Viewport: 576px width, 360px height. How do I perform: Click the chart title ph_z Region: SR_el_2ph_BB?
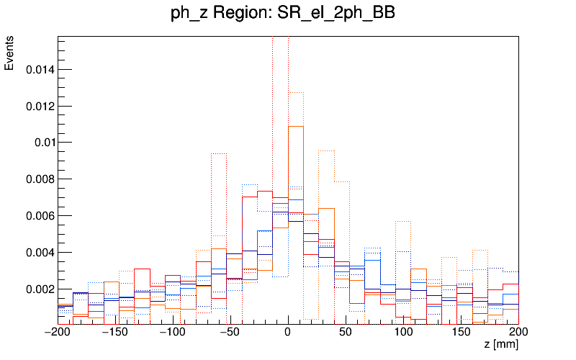coord(284,14)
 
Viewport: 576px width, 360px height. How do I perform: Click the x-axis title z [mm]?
coord(501,345)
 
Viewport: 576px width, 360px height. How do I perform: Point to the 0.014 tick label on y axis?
coord(39,70)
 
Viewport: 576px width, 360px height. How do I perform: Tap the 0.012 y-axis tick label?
coord(39,107)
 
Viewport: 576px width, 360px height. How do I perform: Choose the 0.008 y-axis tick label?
coord(39,179)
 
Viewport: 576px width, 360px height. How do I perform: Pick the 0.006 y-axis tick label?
coord(39,216)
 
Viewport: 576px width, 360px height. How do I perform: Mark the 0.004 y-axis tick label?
coord(39,253)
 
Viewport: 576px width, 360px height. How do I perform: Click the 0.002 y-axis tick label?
coord(39,289)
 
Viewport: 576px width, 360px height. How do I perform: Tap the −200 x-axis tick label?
coord(58,333)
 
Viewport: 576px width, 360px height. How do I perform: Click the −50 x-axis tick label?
coord(230,333)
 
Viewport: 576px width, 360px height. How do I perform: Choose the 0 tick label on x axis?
coord(288,333)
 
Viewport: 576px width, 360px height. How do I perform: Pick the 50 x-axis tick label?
coord(346,333)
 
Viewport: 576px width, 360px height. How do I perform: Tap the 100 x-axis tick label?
coord(403,333)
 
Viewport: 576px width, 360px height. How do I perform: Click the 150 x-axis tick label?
coord(461,333)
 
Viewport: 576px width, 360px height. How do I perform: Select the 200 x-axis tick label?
coord(518,333)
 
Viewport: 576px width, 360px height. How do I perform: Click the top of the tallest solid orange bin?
coord(296,127)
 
